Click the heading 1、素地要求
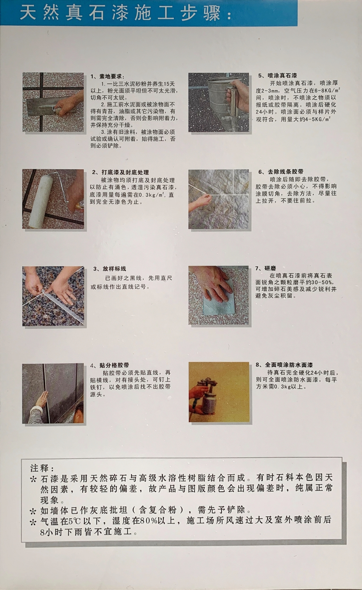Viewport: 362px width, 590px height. click(107, 77)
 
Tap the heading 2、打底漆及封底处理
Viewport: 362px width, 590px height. click(121, 172)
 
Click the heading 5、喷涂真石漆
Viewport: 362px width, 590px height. click(278, 76)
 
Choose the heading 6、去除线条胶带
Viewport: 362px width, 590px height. click(281, 172)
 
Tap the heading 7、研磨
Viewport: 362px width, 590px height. click(265, 268)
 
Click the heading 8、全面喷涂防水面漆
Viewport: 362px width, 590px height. click(284, 365)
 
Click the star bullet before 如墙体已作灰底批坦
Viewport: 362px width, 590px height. click(33, 511)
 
